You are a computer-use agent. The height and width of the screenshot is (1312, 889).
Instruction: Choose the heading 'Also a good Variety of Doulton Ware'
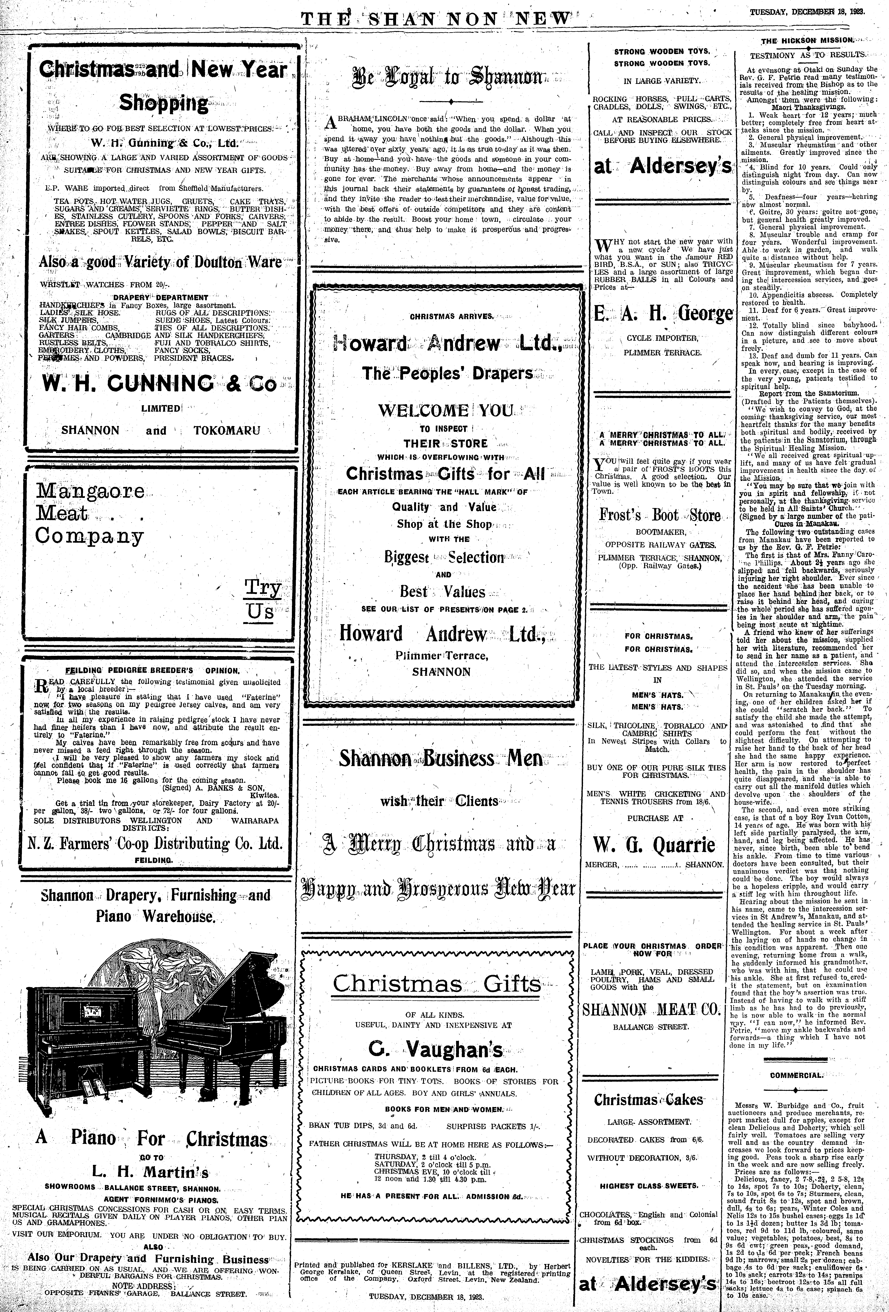click(x=160, y=262)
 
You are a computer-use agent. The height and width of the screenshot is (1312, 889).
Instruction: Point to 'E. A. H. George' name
click(x=663, y=314)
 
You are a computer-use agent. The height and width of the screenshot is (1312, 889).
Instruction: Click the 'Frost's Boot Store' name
click(x=660, y=515)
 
